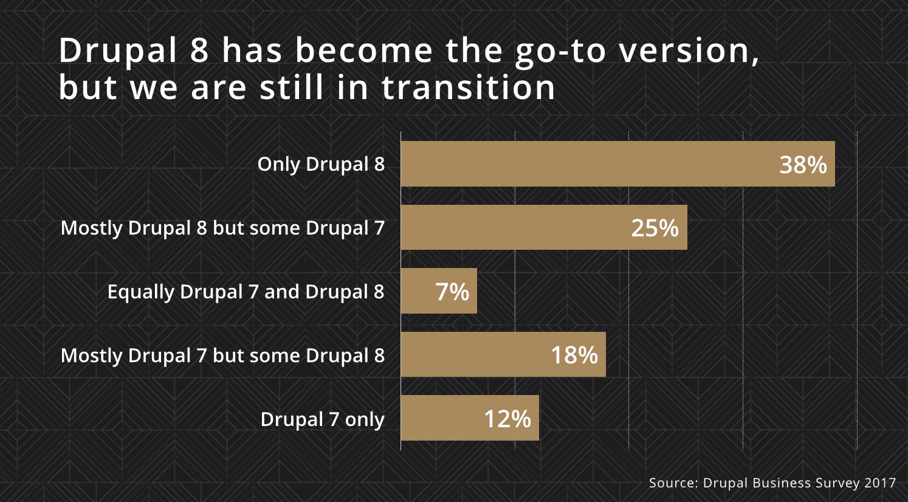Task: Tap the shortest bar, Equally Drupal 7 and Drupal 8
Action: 419,292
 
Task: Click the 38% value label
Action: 803,165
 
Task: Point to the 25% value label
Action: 655,228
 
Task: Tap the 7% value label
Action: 452,292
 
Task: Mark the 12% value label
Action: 507,419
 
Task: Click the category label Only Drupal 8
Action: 321,164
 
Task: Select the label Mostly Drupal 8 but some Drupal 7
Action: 222,228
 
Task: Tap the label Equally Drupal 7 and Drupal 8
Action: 246,292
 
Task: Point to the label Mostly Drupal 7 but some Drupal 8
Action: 222,356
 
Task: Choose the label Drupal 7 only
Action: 322,419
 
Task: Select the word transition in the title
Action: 468,88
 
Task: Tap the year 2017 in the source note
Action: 880,483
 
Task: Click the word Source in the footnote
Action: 672,483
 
